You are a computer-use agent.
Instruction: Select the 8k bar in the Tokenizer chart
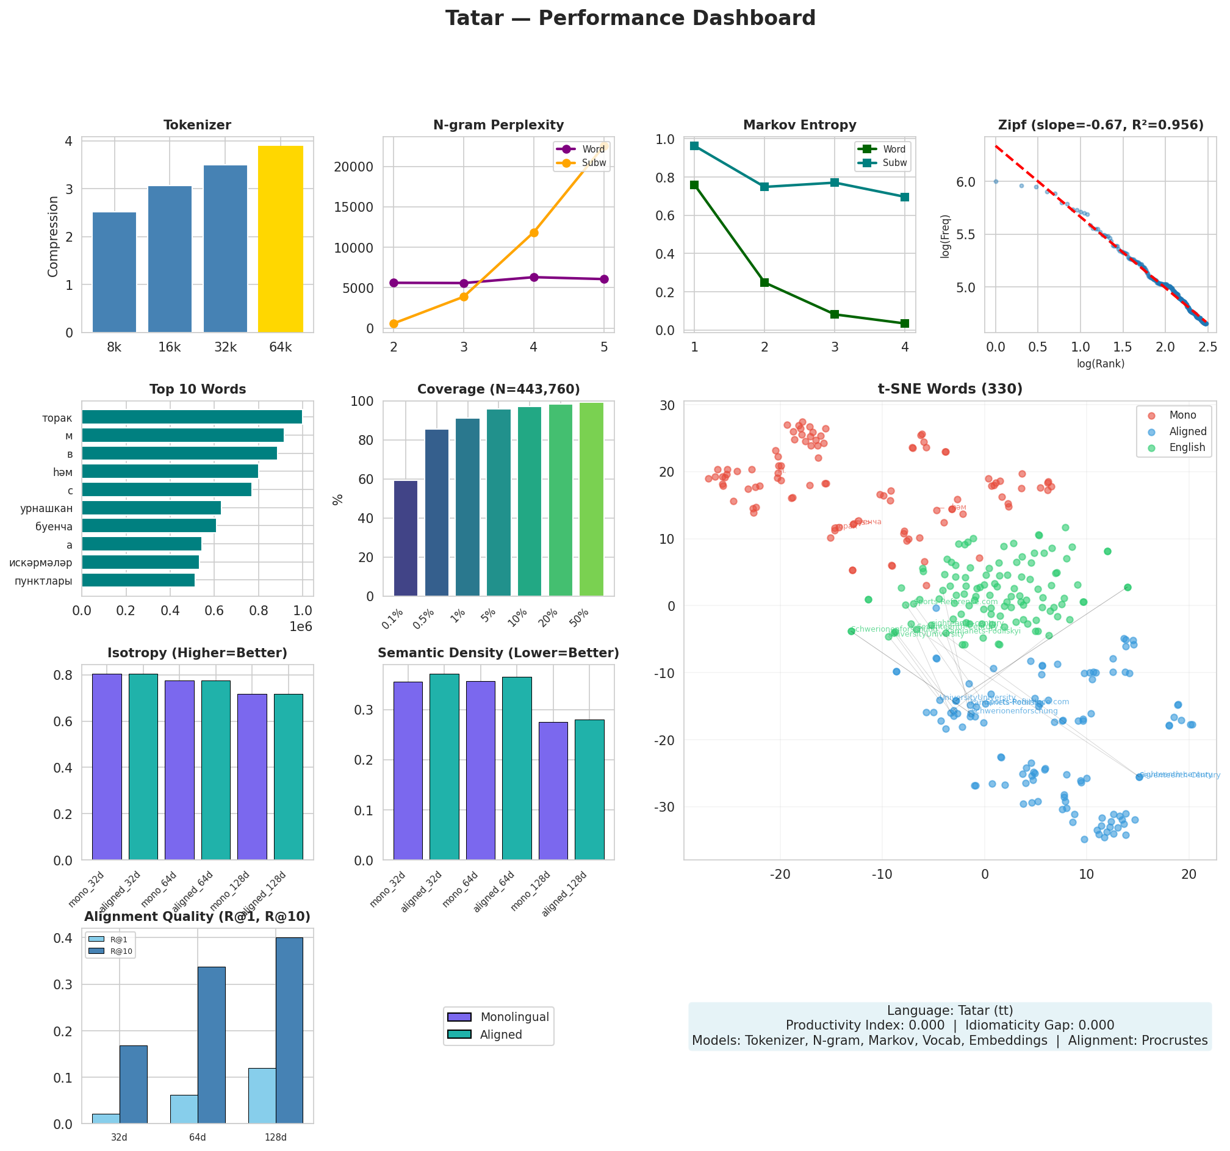coord(115,272)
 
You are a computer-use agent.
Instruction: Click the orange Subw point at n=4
coord(534,233)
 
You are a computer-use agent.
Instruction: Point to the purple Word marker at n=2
coord(394,283)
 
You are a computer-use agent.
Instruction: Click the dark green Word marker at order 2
coord(764,282)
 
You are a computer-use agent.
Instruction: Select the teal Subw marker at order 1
coord(695,146)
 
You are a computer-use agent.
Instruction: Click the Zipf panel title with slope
coord(1100,126)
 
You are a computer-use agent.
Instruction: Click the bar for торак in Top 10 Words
coord(192,417)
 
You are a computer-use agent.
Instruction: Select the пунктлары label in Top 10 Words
coord(43,581)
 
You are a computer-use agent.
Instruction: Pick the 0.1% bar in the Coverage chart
coord(406,538)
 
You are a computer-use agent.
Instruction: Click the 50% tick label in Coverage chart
coord(580,618)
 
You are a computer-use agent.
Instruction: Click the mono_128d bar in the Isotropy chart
coord(253,777)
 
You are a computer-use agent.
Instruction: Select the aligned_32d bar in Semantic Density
coord(444,767)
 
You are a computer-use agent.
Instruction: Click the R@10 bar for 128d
coord(290,1030)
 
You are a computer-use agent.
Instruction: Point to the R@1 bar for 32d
coord(106,1118)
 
